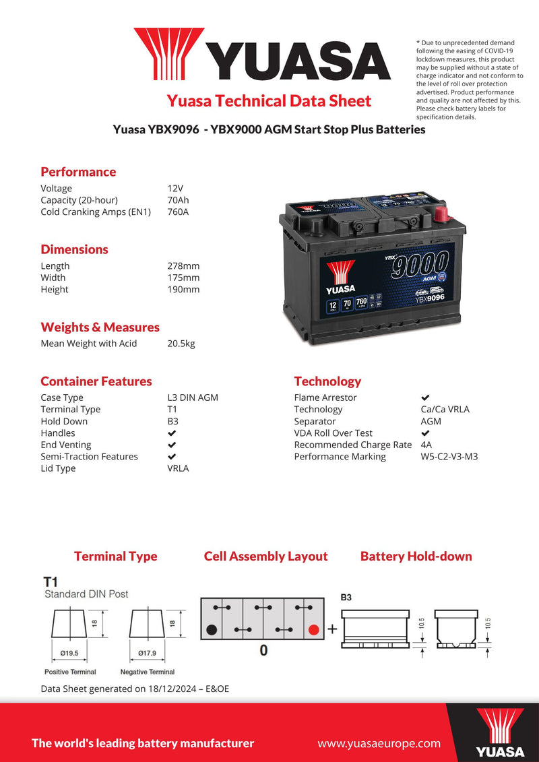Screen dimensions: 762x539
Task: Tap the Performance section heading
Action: click(78, 172)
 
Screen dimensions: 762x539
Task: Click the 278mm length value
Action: click(183, 266)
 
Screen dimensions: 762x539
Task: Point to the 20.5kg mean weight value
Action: click(181, 344)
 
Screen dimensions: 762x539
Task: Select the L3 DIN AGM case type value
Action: click(192, 398)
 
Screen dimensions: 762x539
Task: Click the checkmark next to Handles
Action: click(172, 433)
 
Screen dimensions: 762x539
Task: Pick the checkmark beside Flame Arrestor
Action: click(425, 398)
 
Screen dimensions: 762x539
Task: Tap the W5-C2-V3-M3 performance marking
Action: click(449, 457)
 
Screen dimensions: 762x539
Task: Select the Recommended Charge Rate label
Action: click(352, 445)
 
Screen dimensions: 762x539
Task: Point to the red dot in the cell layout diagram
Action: click(313, 630)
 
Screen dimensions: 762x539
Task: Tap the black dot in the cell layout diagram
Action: click(212, 630)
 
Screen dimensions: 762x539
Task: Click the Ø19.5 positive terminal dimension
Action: click(69, 652)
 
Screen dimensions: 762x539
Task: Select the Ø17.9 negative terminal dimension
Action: click(147, 652)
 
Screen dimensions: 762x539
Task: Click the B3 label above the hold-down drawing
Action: click(346, 598)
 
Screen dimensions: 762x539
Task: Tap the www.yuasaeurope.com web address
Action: click(379, 744)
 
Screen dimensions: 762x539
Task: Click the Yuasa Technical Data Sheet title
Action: click(269, 101)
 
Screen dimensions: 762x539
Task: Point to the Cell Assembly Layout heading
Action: click(265, 557)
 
